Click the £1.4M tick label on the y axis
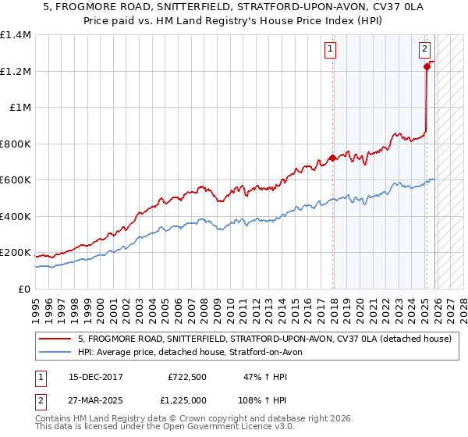[x=16, y=35]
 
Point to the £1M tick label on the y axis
[x=19, y=108]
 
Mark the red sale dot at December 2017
[x=333, y=158]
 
